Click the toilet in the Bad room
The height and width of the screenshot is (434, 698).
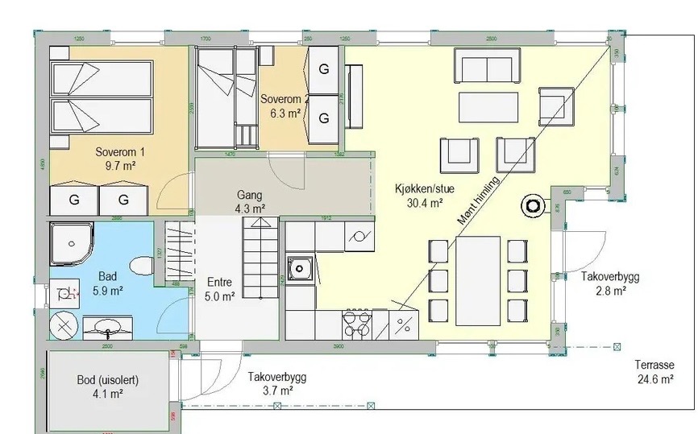[142, 266]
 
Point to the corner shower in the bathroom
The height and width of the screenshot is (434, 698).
[70, 242]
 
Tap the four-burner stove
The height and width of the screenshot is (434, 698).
[356, 324]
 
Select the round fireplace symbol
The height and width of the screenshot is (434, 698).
[533, 206]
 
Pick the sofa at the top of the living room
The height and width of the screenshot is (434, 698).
[486, 66]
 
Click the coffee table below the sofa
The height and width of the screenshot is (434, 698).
[488, 106]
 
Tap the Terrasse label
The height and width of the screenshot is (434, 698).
[654, 365]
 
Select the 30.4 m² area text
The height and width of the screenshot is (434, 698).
[426, 204]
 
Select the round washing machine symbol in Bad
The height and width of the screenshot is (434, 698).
[64, 327]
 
